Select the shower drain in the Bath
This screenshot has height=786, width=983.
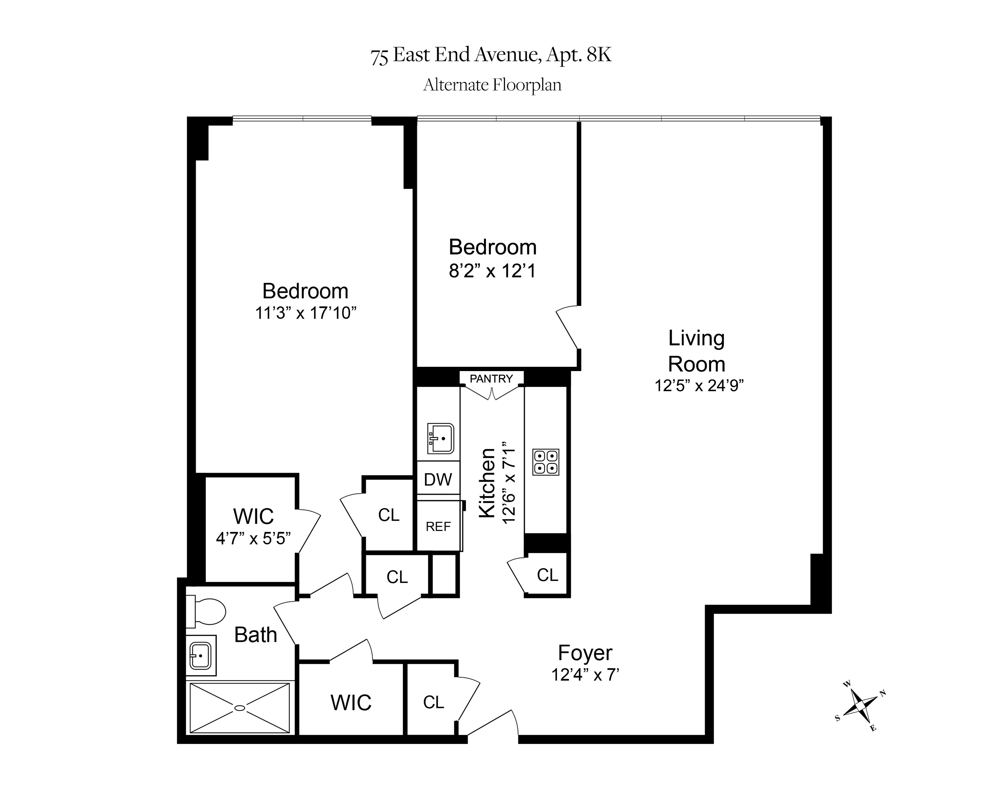click(x=240, y=708)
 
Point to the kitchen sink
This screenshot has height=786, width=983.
click(x=440, y=438)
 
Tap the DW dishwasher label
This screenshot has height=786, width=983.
click(x=438, y=479)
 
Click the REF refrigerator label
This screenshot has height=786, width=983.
click(x=438, y=527)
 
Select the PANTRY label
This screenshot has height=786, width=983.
click(x=491, y=379)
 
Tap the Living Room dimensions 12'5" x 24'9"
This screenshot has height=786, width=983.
click(x=699, y=386)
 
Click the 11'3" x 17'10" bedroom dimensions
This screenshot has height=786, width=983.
click(x=305, y=313)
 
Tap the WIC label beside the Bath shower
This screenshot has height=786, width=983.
click(x=351, y=702)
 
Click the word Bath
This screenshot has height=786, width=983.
click(x=255, y=635)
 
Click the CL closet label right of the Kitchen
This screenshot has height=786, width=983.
click(x=547, y=575)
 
